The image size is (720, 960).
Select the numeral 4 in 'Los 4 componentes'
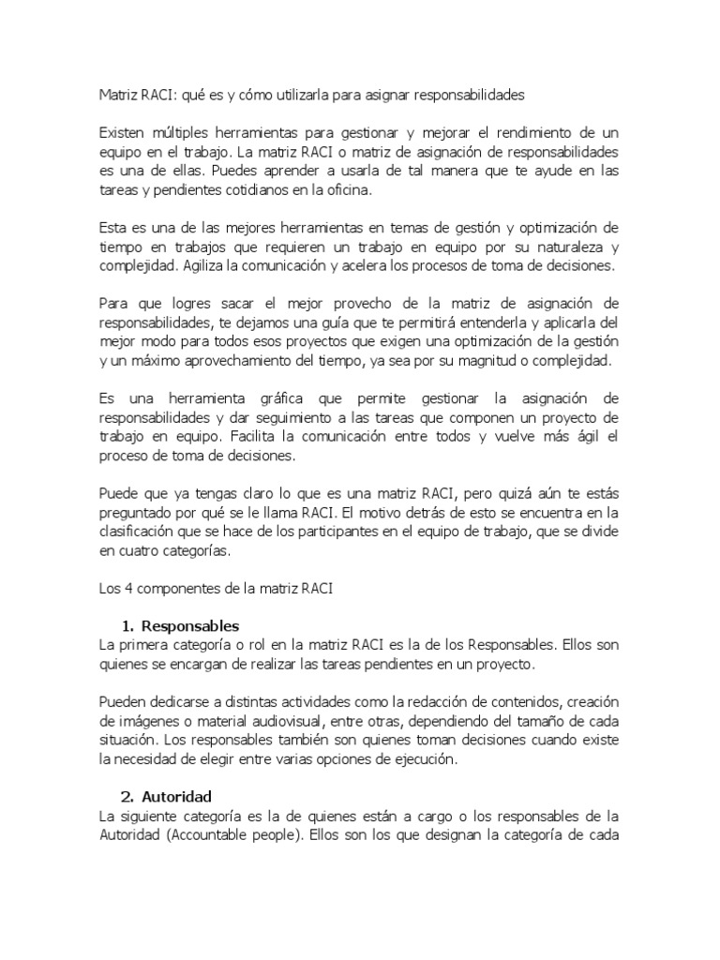click(x=121, y=589)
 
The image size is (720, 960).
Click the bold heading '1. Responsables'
click(x=181, y=626)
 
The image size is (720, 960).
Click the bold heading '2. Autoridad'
click(x=171, y=796)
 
